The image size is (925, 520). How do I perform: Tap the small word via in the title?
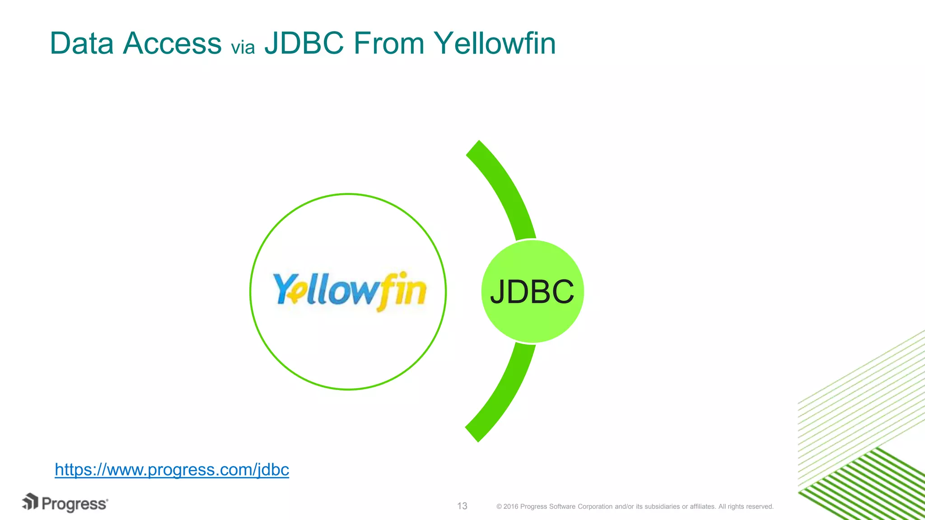pyautogui.click(x=243, y=47)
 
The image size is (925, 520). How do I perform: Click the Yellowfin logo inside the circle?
pyautogui.click(x=349, y=291)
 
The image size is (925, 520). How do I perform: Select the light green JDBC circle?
pyautogui.click(x=532, y=292)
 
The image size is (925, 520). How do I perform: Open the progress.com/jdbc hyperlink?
pyautogui.click(x=172, y=469)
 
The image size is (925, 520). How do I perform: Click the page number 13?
pyautogui.click(x=462, y=506)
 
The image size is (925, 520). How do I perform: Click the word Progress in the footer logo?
pyautogui.click(x=75, y=504)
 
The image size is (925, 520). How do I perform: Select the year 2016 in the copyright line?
pyautogui.click(x=511, y=506)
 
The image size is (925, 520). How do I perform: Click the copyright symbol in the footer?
pyautogui.click(x=499, y=506)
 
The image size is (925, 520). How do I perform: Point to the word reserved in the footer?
pyautogui.click(x=760, y=506)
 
